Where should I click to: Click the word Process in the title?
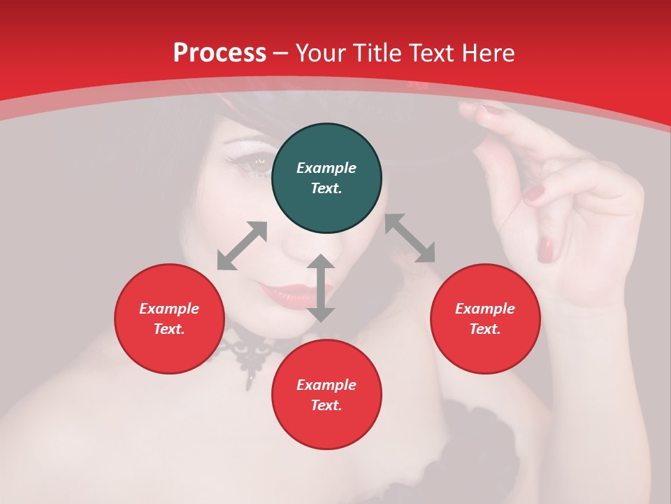219,53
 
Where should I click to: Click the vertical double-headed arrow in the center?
321,288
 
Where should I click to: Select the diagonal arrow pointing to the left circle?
242,246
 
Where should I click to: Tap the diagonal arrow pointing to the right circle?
410,238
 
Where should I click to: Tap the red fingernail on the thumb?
546,248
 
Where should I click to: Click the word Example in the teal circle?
326,168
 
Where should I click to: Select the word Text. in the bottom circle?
326,405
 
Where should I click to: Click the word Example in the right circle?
485,309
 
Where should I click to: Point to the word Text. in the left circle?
169,329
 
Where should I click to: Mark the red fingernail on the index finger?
535,192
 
